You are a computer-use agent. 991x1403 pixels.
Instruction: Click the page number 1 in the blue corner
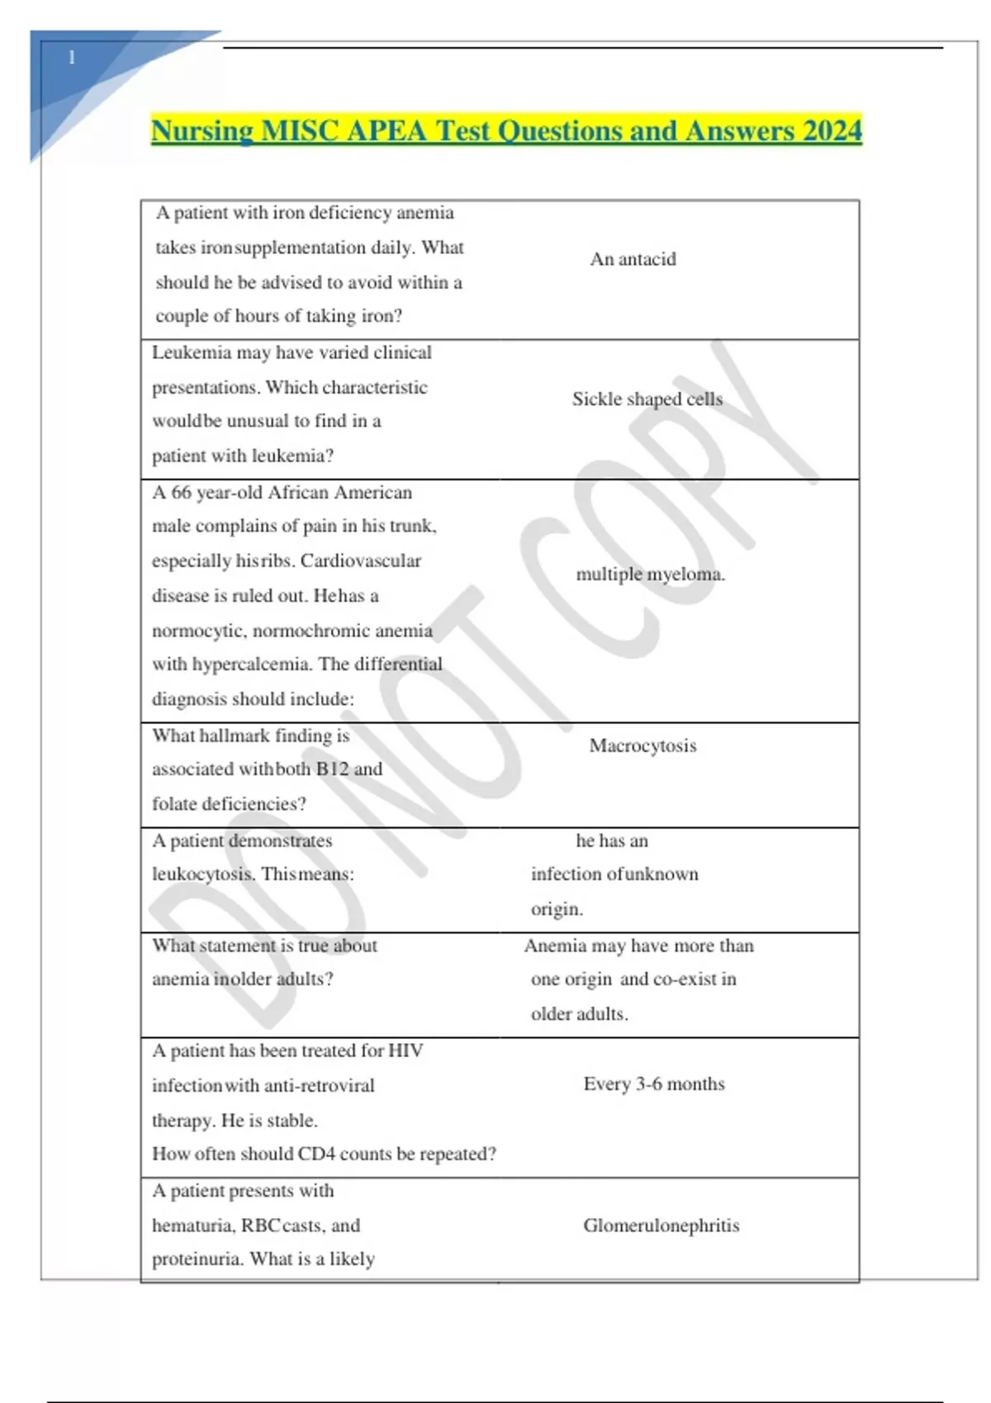72,58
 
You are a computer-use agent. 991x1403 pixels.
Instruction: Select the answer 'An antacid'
633,259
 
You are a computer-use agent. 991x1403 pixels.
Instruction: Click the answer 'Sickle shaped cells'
647,399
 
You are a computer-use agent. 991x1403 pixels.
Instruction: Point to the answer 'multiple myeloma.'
650,574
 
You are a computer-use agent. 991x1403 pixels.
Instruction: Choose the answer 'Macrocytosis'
642,746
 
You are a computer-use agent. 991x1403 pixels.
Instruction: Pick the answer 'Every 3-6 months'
653,1084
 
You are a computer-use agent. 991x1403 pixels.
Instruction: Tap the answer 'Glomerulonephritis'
661,1226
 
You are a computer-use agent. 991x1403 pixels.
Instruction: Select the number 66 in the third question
181,493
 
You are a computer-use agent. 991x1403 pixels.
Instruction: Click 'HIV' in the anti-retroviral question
405,1051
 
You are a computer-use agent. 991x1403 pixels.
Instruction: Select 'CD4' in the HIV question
316,1154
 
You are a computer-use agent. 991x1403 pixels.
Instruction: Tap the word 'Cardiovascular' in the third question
360,561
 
